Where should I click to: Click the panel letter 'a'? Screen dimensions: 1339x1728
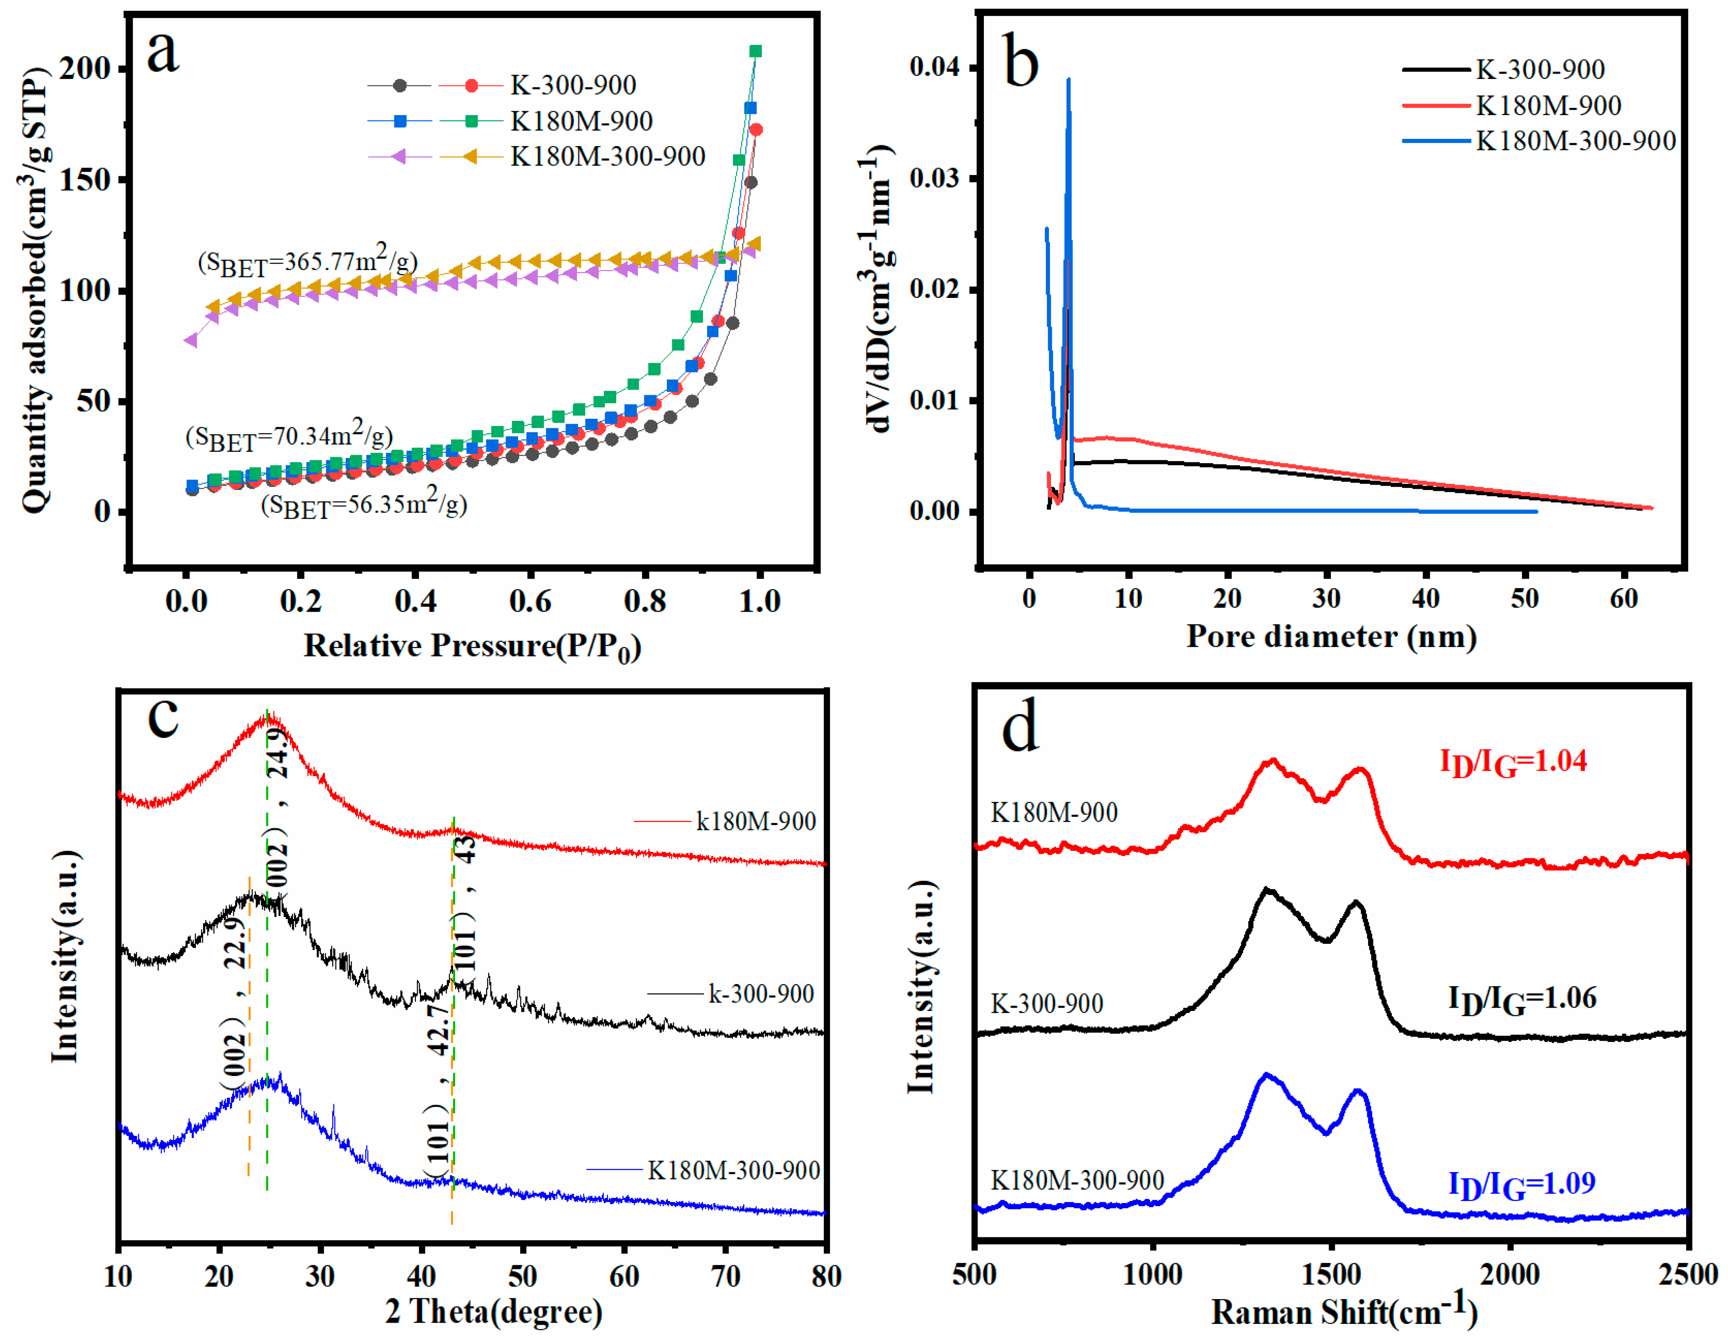click(x=163, y=52)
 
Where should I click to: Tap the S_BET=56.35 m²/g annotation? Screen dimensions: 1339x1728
click(x=364, y=505)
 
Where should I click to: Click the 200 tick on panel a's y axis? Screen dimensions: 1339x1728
click(x=85, y=69)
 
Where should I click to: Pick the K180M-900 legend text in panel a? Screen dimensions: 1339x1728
click(x=582, y=121)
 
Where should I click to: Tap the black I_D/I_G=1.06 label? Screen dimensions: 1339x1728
click(x=1522, y=999)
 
